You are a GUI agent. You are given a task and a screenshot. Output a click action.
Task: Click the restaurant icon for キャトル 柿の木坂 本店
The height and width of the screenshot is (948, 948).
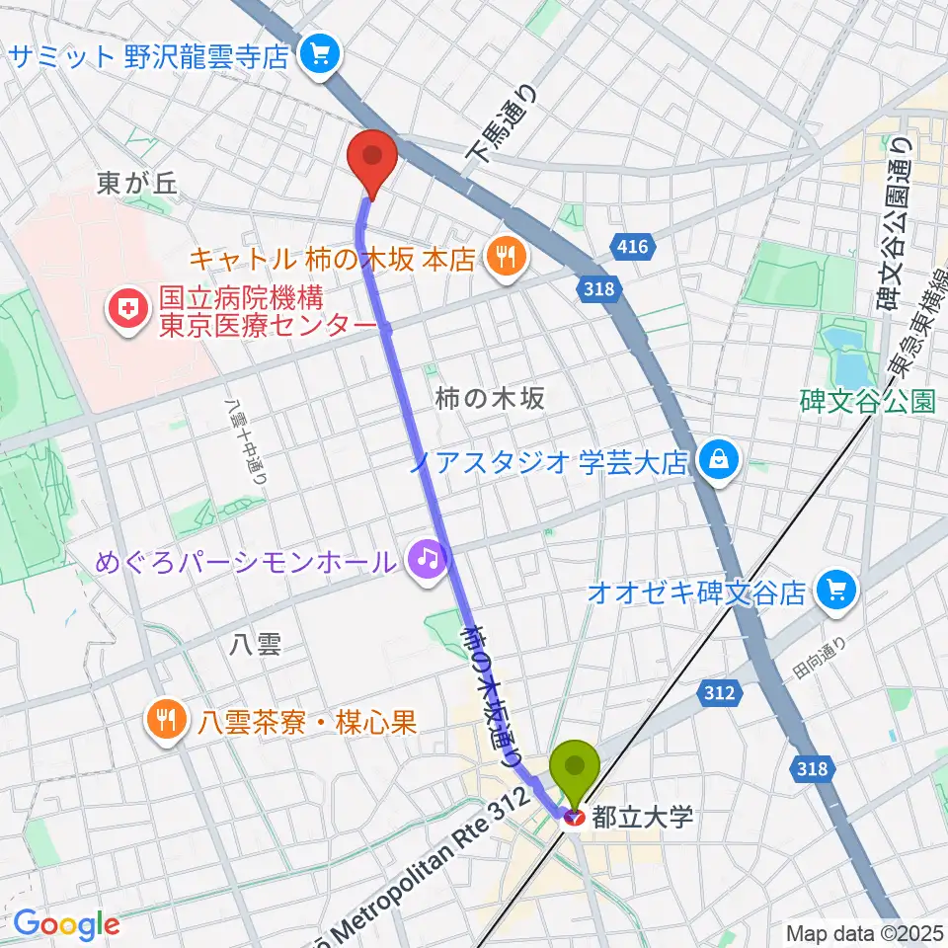pos(505,259)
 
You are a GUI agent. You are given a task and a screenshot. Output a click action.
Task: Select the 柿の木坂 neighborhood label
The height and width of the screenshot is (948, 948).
pos(490,398)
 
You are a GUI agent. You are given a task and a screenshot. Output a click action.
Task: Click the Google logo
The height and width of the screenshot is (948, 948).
pos(66,923)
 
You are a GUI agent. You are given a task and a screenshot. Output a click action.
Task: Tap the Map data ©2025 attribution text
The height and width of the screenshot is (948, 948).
pos(863,932)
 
